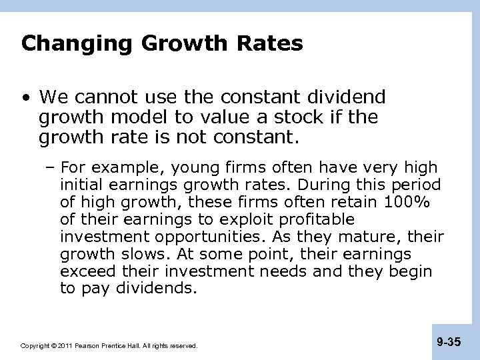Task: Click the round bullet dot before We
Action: coord(25,98)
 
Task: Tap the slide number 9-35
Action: coord(449,343)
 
